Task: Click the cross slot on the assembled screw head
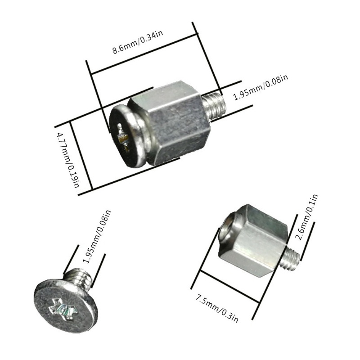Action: pyautogui.click(x=122, y=135)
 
